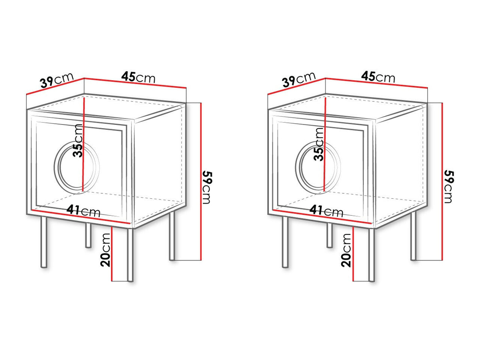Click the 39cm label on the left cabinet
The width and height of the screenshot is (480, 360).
(x=57, y=80)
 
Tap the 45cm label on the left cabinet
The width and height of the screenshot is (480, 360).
(x=138, y=77)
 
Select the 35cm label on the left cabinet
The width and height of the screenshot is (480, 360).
(x=78, y=141)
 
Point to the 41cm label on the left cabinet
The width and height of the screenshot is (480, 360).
(x=83, y=211)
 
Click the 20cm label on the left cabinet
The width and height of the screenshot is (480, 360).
(x=106, y=250)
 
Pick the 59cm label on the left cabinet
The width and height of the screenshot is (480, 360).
(x=207, y=188)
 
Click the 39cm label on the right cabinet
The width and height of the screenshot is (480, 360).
(x=299, y=79)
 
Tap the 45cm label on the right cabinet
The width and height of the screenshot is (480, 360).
(x=378, y=77)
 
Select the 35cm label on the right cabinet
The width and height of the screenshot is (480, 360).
(x=318, y=144)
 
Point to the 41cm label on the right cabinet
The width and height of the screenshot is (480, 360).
(x=326, y=211)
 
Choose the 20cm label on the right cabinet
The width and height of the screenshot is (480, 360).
(x=346, y=250)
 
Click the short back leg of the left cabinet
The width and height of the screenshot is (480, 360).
(x=88, y=236)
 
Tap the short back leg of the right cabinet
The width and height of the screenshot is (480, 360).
(x=329, y=236)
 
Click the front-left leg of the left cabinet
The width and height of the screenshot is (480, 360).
(x=44, y=242)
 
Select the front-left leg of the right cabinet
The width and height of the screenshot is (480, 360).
(x=285, y=242)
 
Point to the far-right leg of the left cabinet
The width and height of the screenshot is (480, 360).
(x=172, y=236)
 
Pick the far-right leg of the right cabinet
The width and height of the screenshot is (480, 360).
(x=413, y=236)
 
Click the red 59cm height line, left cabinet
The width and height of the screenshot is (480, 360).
(x=201, y=181)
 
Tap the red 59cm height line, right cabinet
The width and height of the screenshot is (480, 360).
(x=442, y=181)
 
